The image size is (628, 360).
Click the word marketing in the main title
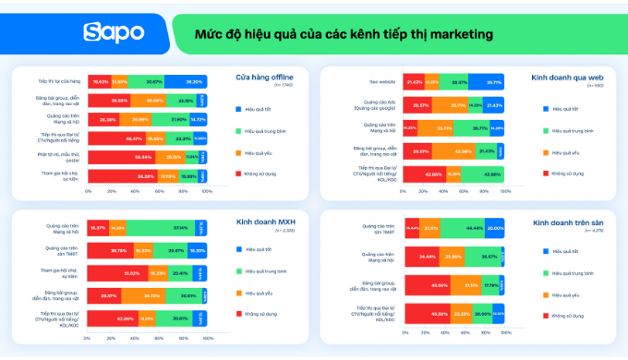pyautogui.click(x=456, y=33)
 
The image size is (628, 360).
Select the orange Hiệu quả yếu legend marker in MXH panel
pyautogui.click(x=239, y=293)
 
